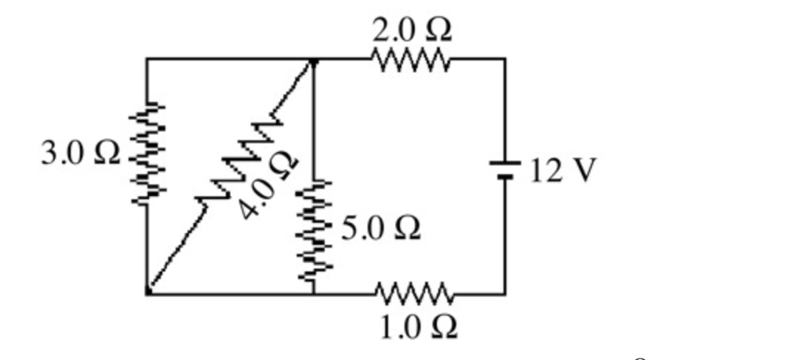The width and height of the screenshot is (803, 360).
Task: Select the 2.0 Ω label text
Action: [x=412, y=30]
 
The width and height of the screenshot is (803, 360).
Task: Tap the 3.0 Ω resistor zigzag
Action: [x=147, y=155]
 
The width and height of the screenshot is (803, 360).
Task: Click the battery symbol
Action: [x=504, y=170]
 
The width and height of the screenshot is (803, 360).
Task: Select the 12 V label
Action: [x=563, y=169]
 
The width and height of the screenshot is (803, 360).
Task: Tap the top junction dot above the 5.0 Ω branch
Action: [x=314, y=60]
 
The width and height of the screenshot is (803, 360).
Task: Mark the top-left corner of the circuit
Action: [x=147, y=60]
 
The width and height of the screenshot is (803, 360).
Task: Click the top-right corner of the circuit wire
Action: [x=504, y=60]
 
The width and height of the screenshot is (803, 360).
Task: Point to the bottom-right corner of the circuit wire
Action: [x=504, y=294]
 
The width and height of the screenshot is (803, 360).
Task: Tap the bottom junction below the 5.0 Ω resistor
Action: [x=314, y=294]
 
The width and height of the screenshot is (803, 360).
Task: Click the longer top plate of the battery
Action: [x=504, y=164]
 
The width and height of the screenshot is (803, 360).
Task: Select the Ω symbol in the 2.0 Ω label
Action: [x=437, y=30]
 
